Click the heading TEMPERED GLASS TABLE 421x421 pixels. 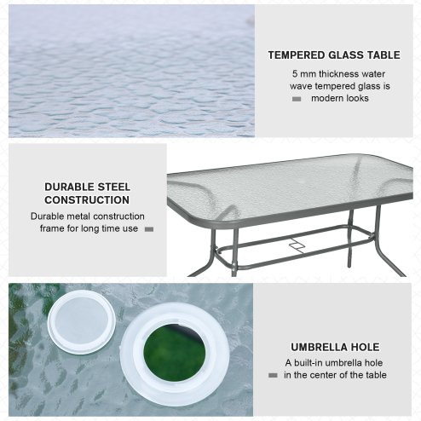pos(333,55)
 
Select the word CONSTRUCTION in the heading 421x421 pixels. pos(87,200)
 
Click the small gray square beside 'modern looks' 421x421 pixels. pos(297,99)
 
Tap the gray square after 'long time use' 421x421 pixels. pos(148,228)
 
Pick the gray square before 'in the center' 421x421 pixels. pos(273,375)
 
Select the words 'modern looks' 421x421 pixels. pos(339,99)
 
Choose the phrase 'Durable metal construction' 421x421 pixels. pos(88,216)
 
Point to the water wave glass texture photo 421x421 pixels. pos(131,71)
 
